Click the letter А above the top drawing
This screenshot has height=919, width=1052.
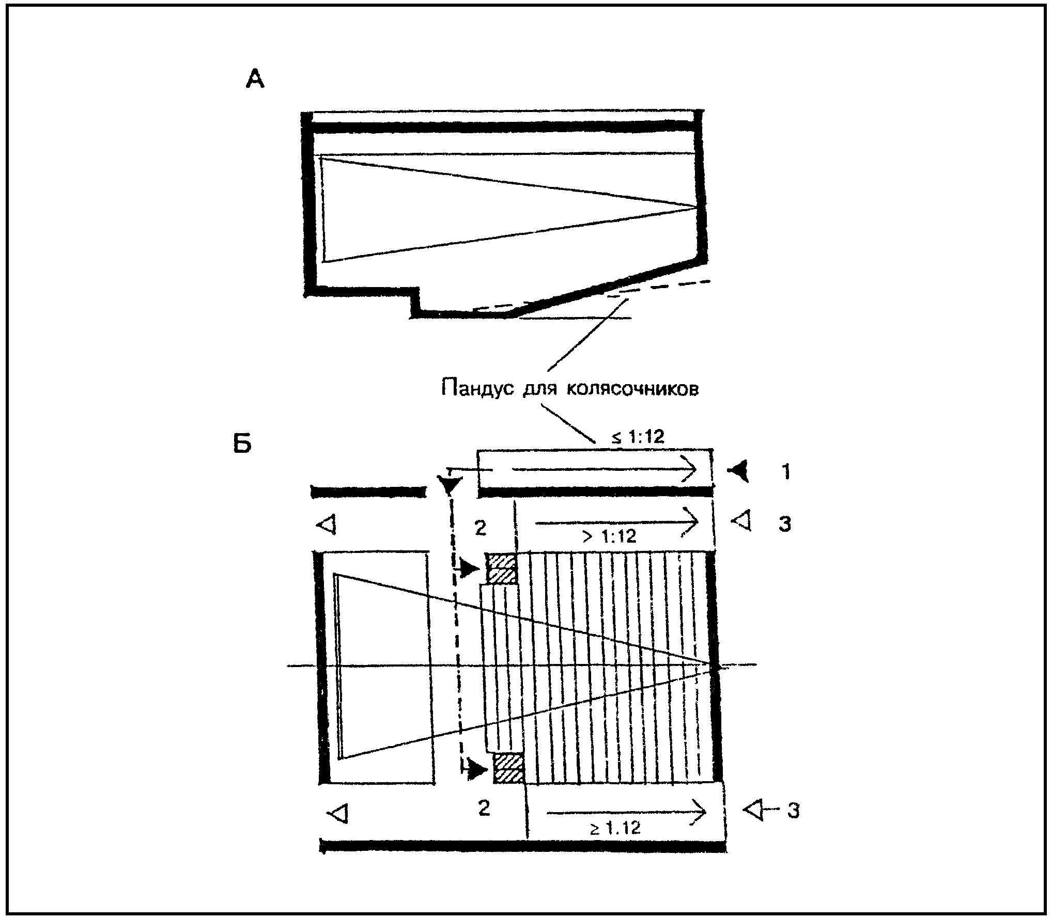(255, 79)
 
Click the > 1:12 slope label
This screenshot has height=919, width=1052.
(610, 536)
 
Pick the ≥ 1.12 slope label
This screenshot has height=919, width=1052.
(615, 829)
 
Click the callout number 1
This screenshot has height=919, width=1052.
(786, 472)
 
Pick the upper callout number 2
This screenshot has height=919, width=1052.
(480, 529)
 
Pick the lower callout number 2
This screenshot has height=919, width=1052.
(484, 809)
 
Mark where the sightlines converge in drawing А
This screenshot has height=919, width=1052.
(697, 207)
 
